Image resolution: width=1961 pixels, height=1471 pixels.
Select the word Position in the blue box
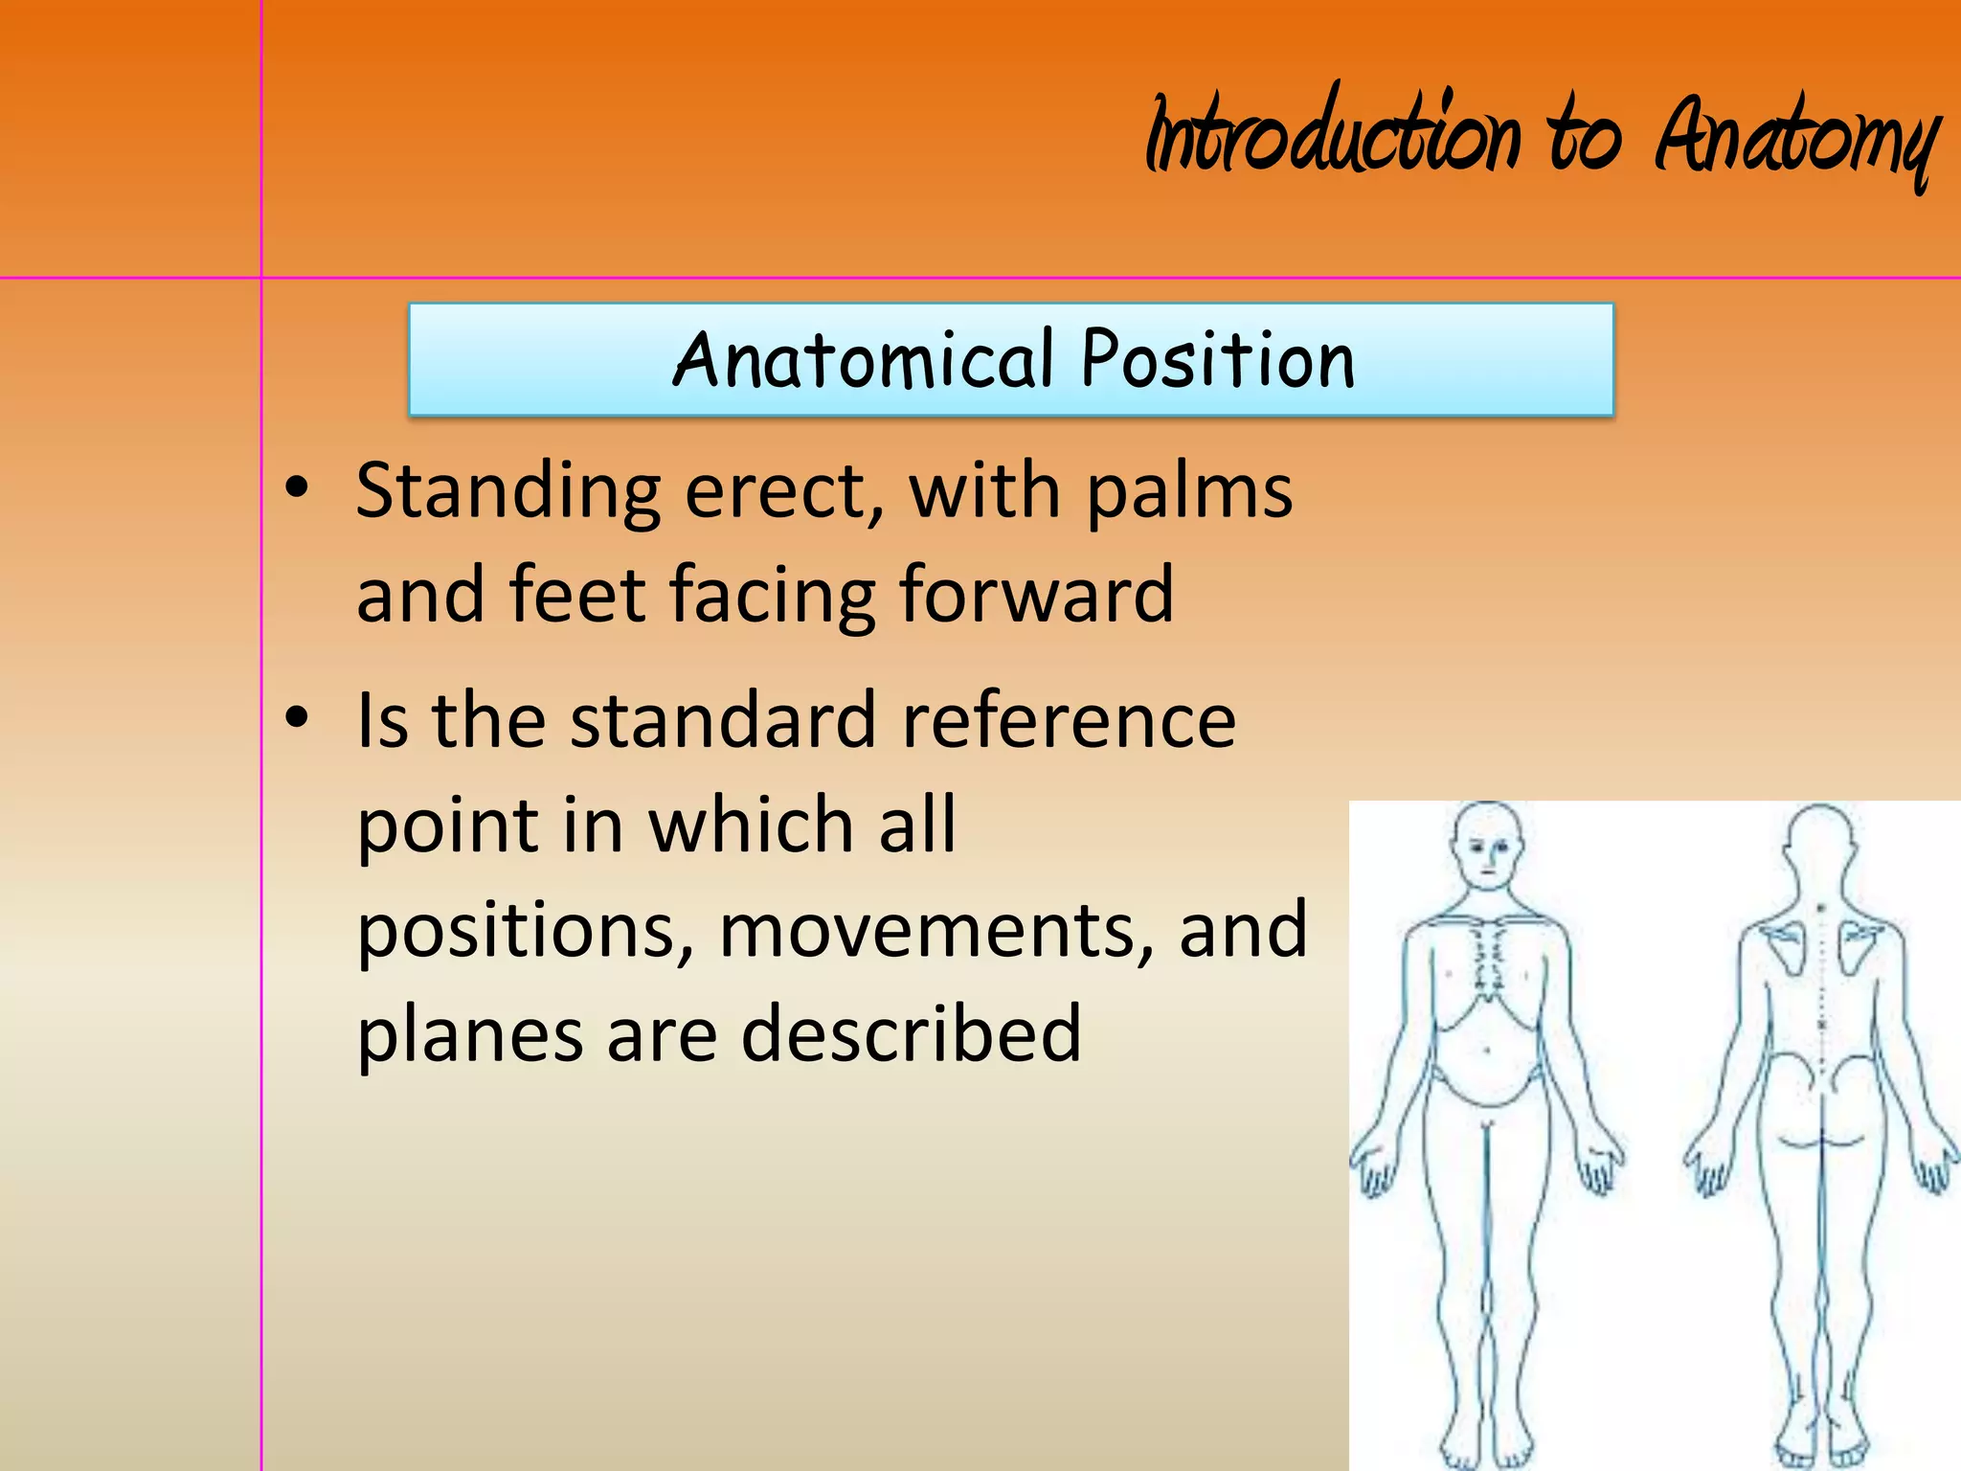click(1218, 359)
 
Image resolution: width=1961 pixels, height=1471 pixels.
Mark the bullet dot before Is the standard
click(298, 716)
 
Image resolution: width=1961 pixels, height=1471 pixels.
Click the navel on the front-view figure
click(1487, 1051)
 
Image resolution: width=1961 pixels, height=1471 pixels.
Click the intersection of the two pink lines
click(261, 279)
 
